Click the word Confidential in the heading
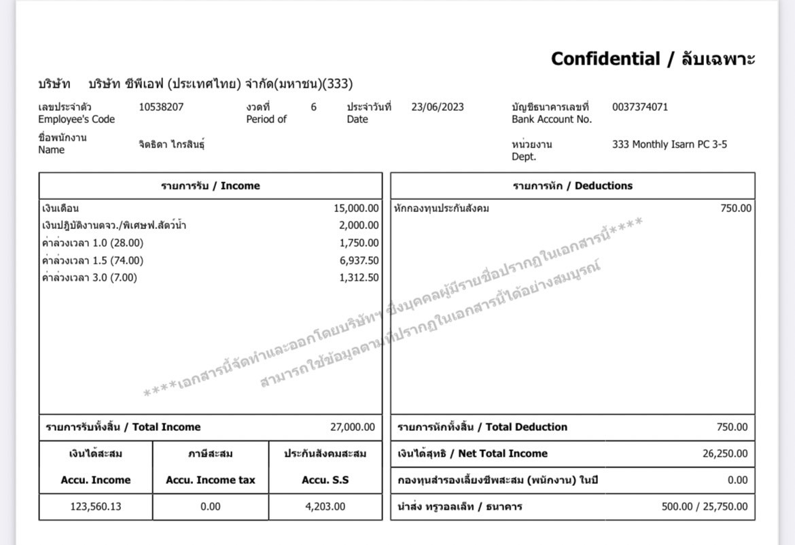[605, 59]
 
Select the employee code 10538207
[161, 107]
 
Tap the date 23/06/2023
[438, 107]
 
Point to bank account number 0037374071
[639, 107]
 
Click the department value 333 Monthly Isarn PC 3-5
[669, 144]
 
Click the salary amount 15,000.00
[356, 209]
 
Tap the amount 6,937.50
[359, 260]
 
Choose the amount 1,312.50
[359, 277]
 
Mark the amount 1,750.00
[359, 243]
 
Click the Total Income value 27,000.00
[352, 427]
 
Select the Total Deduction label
[482, 427]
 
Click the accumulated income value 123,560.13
[95, 506]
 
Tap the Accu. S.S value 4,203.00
[325, 506]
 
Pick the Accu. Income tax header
[211, 480]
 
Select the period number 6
[313, 107]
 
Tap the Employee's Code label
[76, 119]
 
